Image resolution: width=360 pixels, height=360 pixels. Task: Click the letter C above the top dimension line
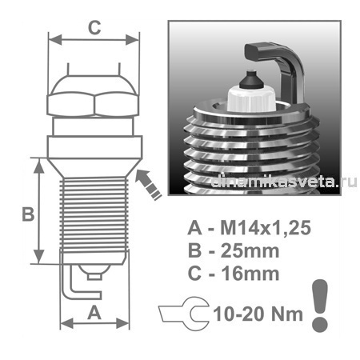[x=94, y=27]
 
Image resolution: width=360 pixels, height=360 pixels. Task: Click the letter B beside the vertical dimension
[x=28, y=214]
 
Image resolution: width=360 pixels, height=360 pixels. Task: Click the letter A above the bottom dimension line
[x=94, y=313]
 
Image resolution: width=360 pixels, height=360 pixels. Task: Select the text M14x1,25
[x=266, y=228]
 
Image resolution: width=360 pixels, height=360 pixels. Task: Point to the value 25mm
[x=250, y=251]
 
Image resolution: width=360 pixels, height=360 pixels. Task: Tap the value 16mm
[x=250, y=274]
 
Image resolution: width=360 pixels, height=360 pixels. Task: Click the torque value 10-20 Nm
[x=258, y=314]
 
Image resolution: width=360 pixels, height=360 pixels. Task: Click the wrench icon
[x=184, y=314]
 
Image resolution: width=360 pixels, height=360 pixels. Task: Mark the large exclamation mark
[x=320, y=306]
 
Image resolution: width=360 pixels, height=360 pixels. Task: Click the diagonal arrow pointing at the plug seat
[x=148, y=184]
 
